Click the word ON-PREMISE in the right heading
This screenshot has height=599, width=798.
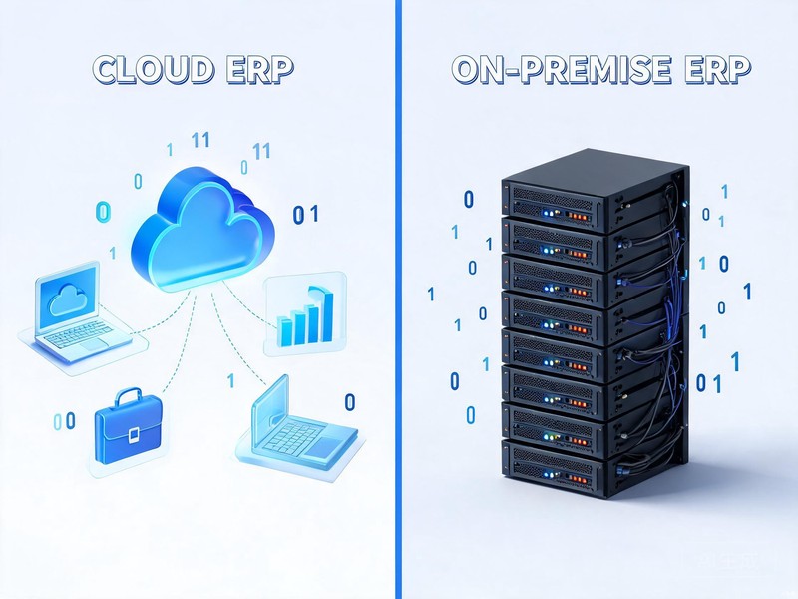(x=561, y=69)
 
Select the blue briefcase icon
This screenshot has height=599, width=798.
(x=129, y=427)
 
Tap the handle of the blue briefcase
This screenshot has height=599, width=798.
(x=128, y=396)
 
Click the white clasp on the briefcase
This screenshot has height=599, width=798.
(x=134, y=436)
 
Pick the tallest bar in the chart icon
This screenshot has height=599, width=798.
(x=325, y=315)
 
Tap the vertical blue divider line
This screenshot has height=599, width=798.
(x=398, y=299)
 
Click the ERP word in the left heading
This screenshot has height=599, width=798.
(x=259, y=69)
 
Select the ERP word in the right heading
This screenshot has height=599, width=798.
(x=717, y=69)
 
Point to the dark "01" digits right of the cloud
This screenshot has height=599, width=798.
(x=305, y=214)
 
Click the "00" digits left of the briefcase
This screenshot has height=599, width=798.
(x=65, y=421)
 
